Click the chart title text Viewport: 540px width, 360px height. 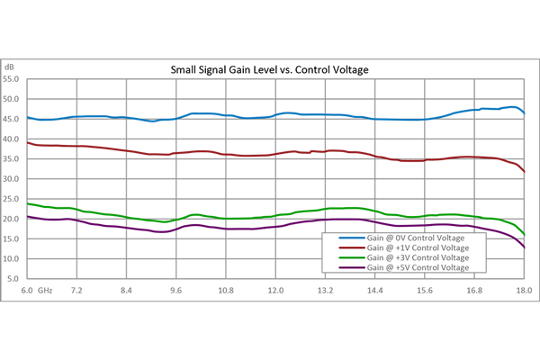pos(270,69)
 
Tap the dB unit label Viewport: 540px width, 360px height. pos(10,67)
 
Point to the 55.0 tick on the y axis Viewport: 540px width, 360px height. pos(12,79)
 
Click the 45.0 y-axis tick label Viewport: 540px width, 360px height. pos(12,119)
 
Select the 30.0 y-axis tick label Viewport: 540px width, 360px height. pos(12,179)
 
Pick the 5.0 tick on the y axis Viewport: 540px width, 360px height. pos(13,279)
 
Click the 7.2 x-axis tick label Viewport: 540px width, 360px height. pos(77,292)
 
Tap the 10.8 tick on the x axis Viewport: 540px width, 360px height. pos(226,292)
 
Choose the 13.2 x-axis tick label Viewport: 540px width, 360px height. pos(325,292)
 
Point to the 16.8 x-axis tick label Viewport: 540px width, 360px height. pos(474,292)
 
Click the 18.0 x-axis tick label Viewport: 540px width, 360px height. pos(523,292)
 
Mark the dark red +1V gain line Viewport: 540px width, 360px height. pos(270,154)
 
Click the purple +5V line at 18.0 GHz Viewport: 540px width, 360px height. pos(523,247)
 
